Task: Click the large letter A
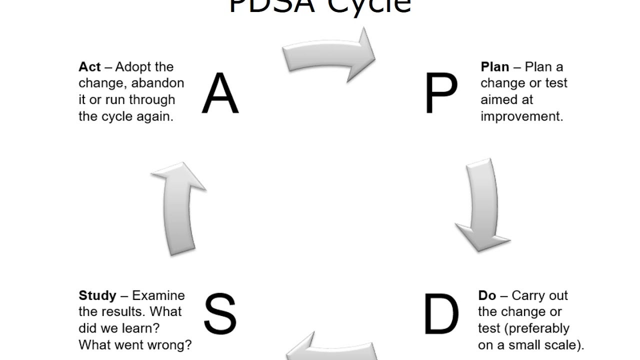pyautogui.click(x=220, y=93)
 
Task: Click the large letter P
pyautogui.click(x=440, y=93)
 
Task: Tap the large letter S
pyautogui.click(x=220, y=314)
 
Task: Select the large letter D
pyautogui.click(x=440, y=314)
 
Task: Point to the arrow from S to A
pyautogui.click(x=178, y=207)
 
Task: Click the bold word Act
pyautogui.click(x=89, y=67)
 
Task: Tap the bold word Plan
pyautogui.click(x=495, y=67)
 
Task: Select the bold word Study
pyautogui.click(x=97, y=295)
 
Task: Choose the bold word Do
pyautogui.click(x=487, y=295)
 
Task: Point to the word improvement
pyautogui.click(x=521, y=116)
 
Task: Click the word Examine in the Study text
pyautogui.click(x=158, y=295)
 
